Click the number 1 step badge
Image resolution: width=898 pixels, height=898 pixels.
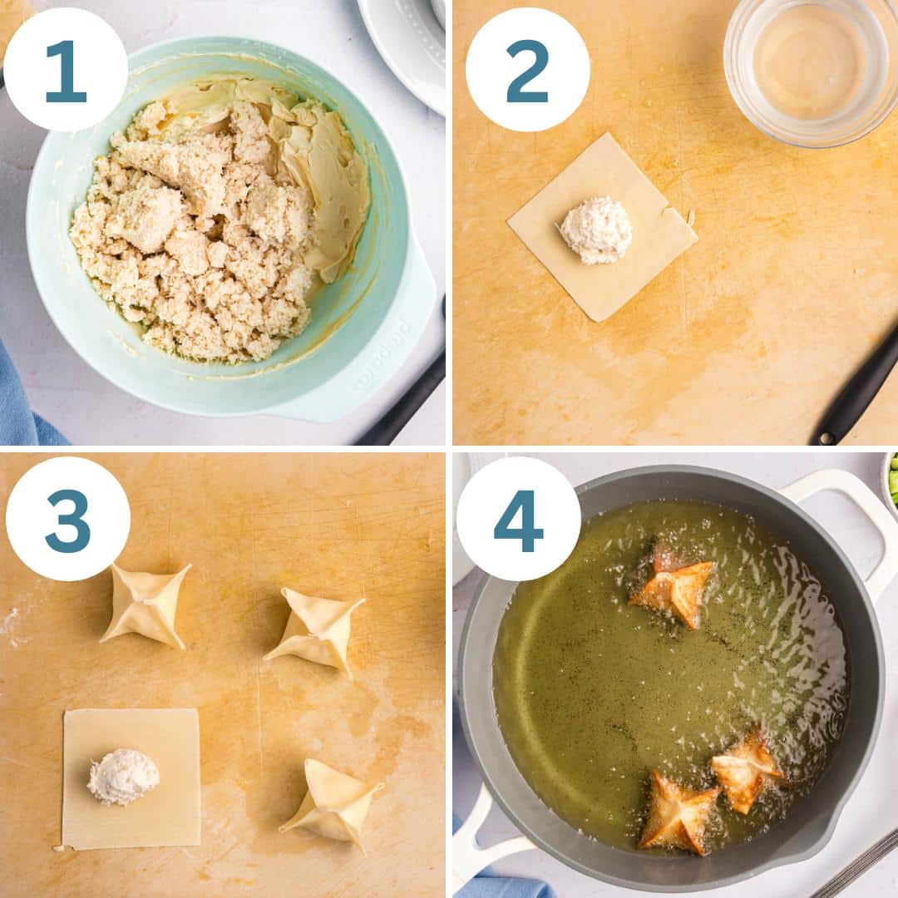pos(66,70)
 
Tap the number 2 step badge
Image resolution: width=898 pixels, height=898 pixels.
pos(527,70)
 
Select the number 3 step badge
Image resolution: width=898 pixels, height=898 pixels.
pos(67,519)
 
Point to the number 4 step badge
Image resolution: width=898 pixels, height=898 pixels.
pos(518,519)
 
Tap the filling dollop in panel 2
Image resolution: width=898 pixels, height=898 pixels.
pos(595,230)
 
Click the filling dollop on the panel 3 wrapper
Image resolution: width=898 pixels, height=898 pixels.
pos(122,777)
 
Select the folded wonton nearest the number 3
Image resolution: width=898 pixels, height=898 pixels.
pos(146,606)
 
